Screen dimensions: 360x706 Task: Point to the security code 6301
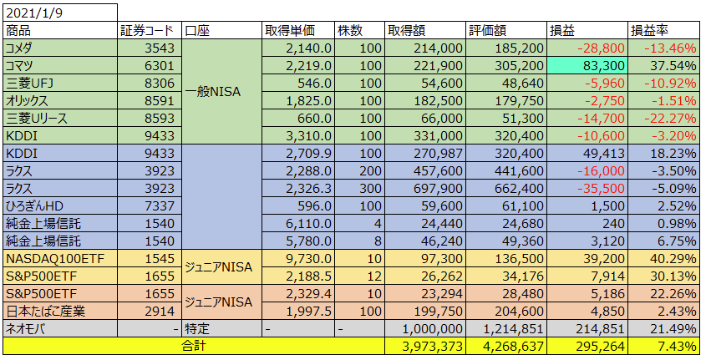click(158, 66)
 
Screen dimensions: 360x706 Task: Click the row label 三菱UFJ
click(29, 84)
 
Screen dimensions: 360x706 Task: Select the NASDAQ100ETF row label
click(48, 259)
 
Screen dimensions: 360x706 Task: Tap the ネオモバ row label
click(26, 329)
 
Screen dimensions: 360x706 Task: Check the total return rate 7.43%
click(677, 346)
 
